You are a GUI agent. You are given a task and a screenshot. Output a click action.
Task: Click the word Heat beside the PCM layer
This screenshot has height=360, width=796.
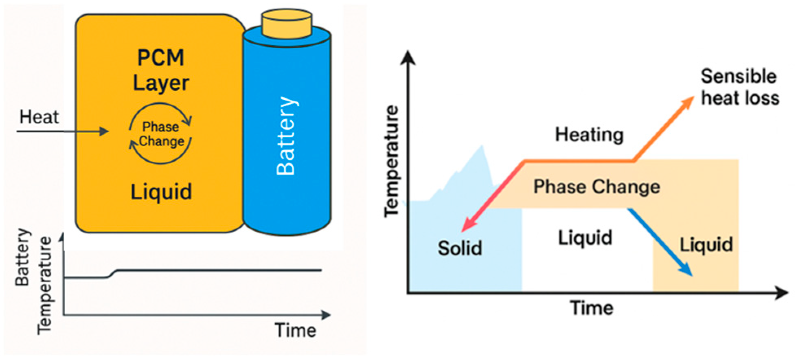39,117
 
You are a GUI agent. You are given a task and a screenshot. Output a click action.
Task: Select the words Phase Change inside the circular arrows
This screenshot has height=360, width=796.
161,134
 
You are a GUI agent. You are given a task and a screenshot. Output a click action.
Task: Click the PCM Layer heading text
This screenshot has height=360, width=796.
161,70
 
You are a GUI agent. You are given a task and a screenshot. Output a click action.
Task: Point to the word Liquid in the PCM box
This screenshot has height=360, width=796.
161,191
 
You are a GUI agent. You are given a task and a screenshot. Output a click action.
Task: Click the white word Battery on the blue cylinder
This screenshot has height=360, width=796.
286,136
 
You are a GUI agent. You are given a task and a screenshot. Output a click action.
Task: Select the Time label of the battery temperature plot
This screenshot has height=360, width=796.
295,330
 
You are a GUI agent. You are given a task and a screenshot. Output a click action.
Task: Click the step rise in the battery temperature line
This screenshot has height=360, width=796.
112,274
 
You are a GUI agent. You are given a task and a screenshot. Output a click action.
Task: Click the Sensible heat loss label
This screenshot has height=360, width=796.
739,87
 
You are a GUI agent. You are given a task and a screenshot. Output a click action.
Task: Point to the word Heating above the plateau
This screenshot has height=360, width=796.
589,134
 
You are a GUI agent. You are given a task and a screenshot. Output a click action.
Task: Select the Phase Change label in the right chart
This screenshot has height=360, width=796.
596,187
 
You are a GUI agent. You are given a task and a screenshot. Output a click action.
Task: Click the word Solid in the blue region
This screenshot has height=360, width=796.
460,248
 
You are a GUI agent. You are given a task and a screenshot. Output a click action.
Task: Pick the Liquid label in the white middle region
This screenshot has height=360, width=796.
585,238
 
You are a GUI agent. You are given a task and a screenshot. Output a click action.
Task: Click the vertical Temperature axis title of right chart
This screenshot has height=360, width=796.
392,160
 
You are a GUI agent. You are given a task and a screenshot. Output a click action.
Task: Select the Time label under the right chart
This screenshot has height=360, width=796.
592,308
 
